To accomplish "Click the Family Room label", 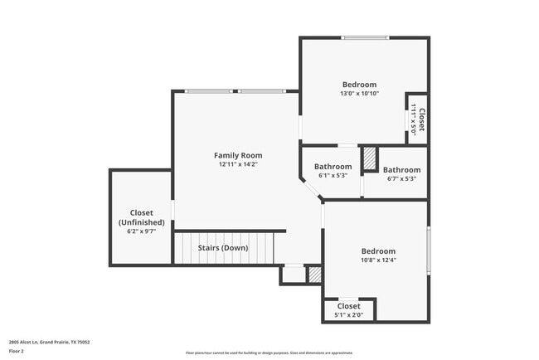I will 238,155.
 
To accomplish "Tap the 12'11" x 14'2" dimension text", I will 238,164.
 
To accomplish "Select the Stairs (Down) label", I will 222,247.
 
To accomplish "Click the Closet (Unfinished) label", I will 141,217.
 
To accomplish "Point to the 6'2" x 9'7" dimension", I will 141,232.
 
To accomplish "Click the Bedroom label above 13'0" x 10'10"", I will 359,85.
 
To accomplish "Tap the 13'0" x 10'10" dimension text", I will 359,94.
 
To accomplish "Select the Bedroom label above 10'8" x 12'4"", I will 378,251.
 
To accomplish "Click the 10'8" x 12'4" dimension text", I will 378,260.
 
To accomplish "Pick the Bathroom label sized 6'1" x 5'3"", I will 333,167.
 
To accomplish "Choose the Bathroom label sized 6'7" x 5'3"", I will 401,170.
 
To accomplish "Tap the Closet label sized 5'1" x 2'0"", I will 348,307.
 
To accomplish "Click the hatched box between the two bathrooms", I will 370,160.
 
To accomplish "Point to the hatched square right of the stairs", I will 314,275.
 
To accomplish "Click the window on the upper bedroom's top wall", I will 365,37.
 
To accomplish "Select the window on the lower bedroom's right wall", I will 428,249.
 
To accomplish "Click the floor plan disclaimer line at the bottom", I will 269,353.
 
